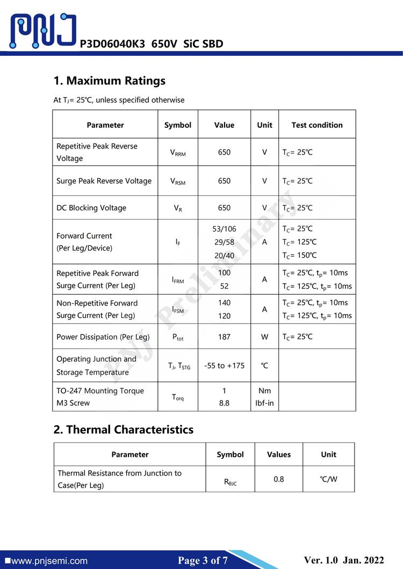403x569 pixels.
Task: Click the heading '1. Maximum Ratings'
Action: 109,81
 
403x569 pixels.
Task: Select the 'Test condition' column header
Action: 316,125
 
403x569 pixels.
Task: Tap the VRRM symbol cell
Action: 178,153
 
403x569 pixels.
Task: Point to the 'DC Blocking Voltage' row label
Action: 91,208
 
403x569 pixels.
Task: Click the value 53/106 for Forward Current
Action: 224,229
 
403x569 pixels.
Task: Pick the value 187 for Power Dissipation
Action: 224,337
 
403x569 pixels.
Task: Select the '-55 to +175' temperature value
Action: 224,366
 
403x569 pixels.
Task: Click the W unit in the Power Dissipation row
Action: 264,337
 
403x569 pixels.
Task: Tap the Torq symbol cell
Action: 178,397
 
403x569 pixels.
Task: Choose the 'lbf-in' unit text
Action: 264,403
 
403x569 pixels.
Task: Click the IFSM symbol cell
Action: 178,310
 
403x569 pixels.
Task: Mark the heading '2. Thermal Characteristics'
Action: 123,430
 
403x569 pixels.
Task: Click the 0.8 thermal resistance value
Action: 278,479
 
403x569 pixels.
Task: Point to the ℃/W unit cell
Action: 328,479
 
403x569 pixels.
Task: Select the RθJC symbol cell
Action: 230,482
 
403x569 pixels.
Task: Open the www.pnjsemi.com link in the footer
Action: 49,561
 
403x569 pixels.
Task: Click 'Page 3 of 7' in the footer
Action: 203,561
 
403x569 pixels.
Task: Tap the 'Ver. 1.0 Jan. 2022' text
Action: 344,560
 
